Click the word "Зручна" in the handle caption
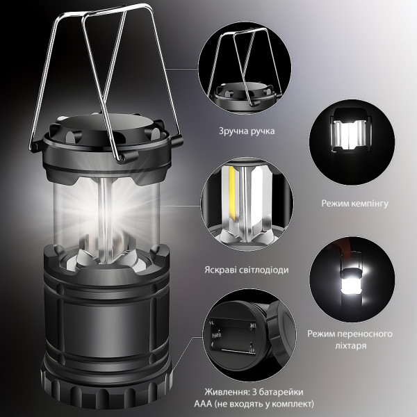pos(232,131)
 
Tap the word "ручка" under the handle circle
pos(261,131)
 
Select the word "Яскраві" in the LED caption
pos(219,270)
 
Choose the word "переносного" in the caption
pos(367,334)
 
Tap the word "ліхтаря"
pos(351,345)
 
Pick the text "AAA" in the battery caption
pos(203,404)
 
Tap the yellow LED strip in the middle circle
pos(232,197)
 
